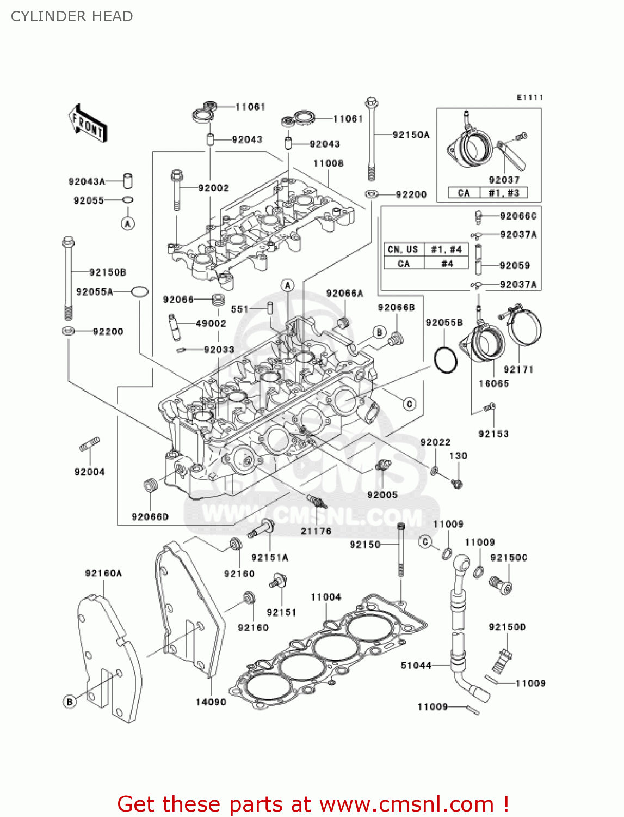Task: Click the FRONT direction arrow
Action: pos(88,124)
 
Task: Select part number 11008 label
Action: pos(328,163)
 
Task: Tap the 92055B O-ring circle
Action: pos(446,359)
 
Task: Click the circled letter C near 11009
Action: pos(425,541)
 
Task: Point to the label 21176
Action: pos(316,531)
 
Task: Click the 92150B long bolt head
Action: pos(68,242)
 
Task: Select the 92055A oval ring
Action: pos(139,292)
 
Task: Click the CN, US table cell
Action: pos(403,249)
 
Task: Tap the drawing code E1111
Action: pos(529,97)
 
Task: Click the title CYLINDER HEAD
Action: pos(72,16)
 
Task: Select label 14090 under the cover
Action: pos(211,702)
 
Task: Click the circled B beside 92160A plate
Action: pos(70,702)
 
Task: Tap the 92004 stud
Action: pos(89,445)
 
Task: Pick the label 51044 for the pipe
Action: pos(416,665)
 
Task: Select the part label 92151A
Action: pos(269,557)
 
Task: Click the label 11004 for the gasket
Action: pos(326,597)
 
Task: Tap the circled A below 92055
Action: pos(128,223)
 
